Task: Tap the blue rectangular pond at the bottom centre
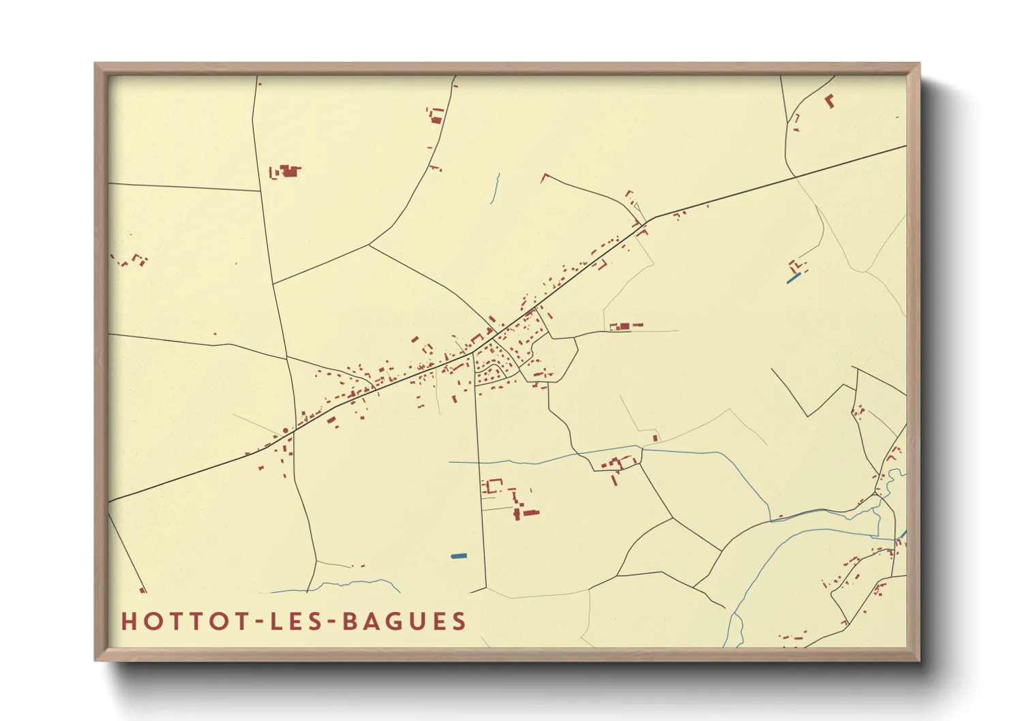[459, 556]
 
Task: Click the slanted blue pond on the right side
[794, 278]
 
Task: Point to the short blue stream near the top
[495, 189]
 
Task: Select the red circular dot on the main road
[285, 431]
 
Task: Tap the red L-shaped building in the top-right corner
[830, 101]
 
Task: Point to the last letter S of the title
[460, 622]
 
